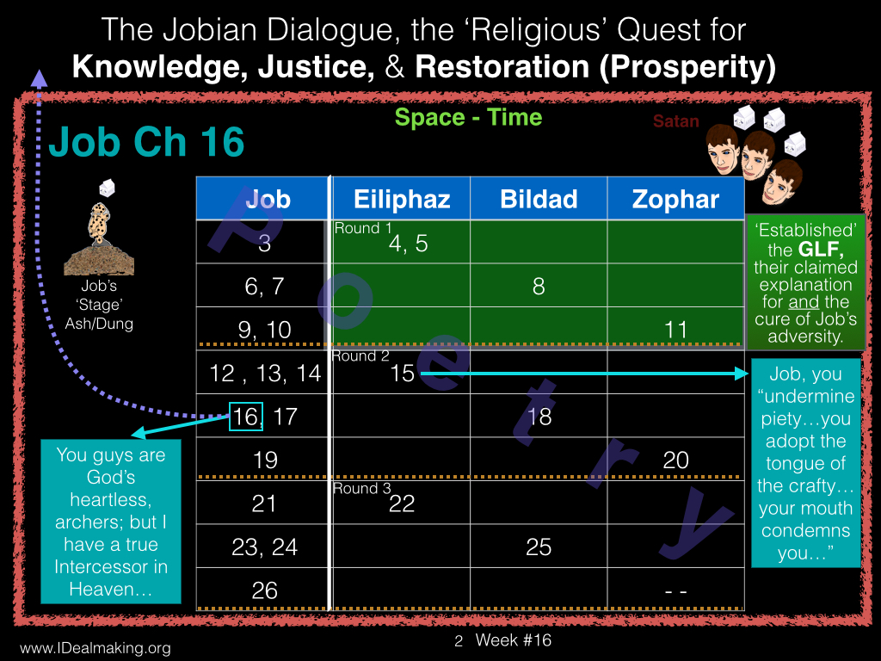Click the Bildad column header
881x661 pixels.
pos(539,199)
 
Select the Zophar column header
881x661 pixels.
pos(675,199)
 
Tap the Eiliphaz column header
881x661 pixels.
pos(402,200)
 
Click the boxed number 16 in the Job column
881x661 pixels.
pos(246,417)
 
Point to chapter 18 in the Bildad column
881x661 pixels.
pos(539,417)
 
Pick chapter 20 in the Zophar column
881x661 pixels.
pos(675,460)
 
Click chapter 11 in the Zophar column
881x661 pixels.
pos(675,330)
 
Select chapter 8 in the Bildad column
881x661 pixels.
pos(539,287)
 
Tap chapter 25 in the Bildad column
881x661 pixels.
pos(539,547)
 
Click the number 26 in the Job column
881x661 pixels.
pos(265,590)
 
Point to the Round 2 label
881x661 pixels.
pos(360,355)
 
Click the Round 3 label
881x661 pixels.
pos(361,489)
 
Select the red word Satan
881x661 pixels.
pos(676,120)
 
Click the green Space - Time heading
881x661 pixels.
pos(468,117)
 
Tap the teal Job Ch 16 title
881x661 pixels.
pos(146,142)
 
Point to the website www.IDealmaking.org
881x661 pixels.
pos(95,648)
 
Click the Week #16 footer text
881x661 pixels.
pos(513,640)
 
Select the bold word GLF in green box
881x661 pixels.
pos(821,249)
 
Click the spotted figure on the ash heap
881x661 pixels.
pos(99,224)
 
